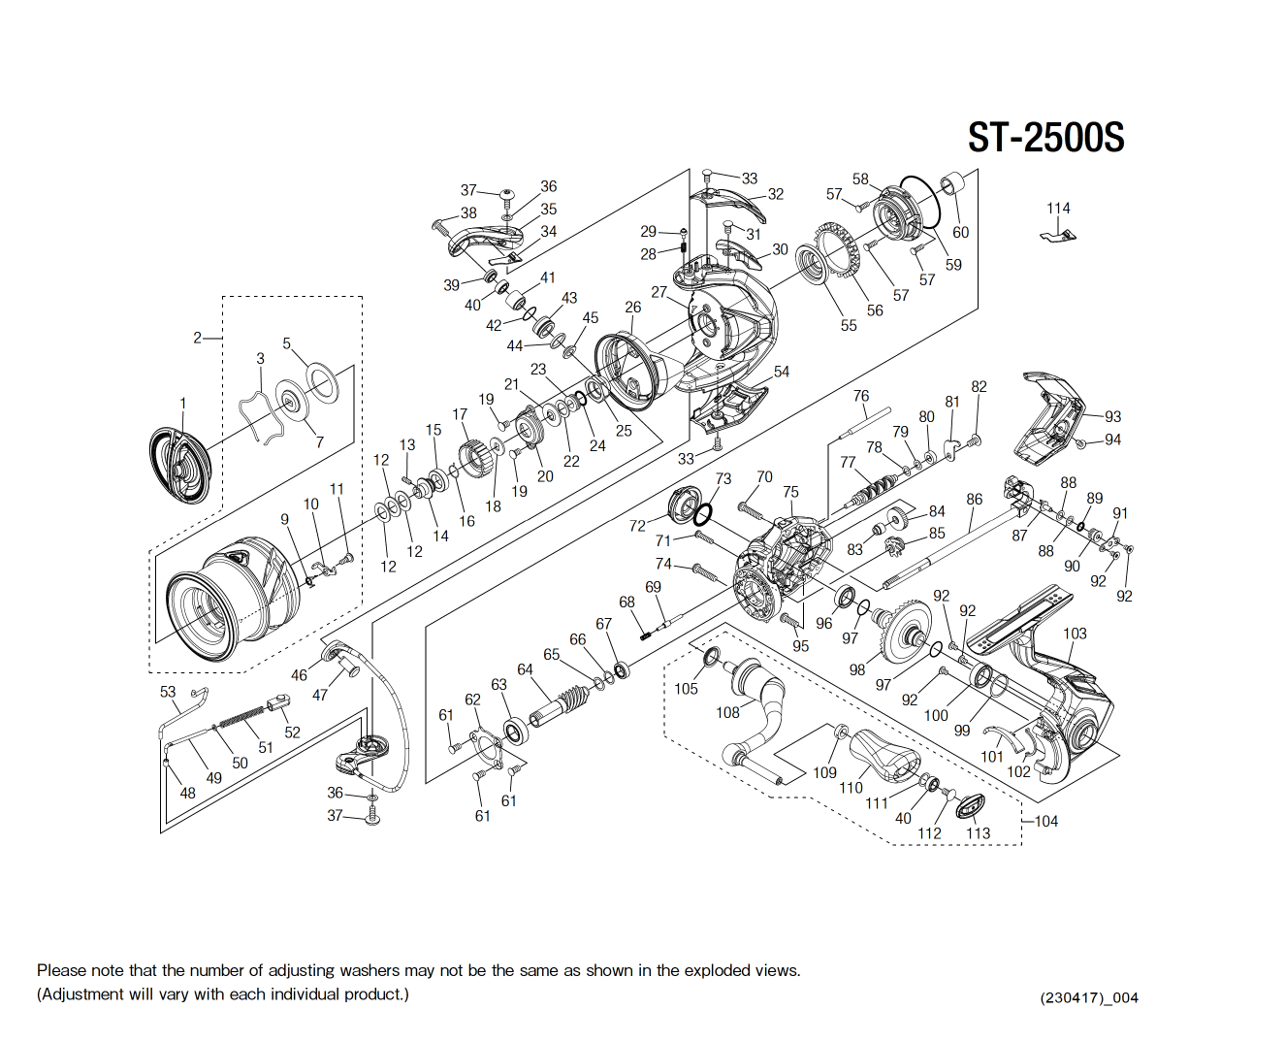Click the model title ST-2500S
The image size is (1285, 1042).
[1045, 138]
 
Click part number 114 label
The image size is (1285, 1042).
[1058, 209]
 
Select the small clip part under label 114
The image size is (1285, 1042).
[1059, 235]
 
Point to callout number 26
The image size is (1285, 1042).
[632, 308]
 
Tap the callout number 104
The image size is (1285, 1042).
[1045, 822]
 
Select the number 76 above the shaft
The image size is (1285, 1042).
[861, 396]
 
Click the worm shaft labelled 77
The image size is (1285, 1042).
[874, 491]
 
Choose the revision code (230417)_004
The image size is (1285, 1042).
[1088, 997]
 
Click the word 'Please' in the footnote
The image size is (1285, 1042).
[60, 970]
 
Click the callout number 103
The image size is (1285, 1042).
[1075, 634]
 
